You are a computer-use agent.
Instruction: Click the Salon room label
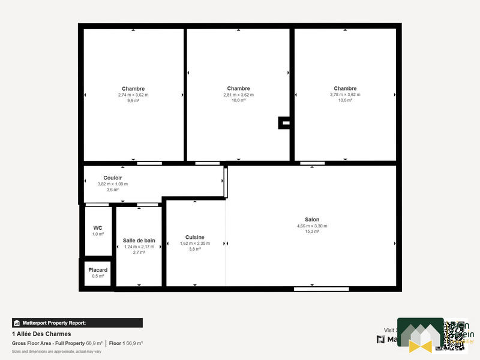tap(312, 220)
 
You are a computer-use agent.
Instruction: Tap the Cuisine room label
tap(195, 237)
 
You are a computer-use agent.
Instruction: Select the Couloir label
tap(113, 178)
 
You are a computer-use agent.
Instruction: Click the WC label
tap(98, 228)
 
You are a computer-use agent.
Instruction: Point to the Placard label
tap(98, 270)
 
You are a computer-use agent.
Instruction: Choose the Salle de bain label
tap(139, 240)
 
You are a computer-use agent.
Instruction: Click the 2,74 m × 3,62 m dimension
tap(133, 95)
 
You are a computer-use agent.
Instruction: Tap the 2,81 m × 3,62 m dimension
tap(238, 95)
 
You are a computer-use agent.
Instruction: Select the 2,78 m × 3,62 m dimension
tap(345, 95)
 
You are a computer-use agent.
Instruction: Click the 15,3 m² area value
tap(312, 232)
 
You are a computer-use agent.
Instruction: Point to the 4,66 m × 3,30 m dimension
tap(312, 226)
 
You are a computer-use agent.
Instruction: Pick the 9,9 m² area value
tap(133, 101)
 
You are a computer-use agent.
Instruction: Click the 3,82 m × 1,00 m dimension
tap(113, 184)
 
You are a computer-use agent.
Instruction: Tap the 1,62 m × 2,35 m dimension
tap(195, 243)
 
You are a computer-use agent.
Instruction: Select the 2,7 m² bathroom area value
tap(139, 253)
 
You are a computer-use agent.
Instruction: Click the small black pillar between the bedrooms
tap(284, 123)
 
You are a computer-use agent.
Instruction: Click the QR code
tap(454, 335)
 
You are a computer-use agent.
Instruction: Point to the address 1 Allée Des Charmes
tap(41, 334)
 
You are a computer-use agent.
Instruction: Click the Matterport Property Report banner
tap(77, 323)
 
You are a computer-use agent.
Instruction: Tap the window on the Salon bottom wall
tap(321, 289)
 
